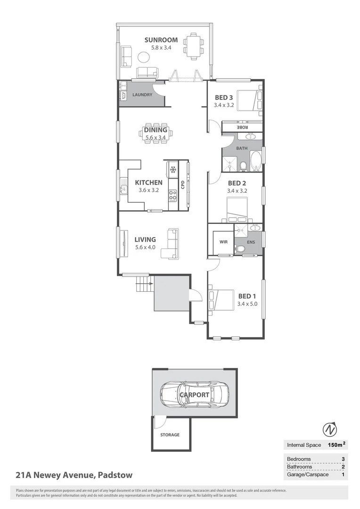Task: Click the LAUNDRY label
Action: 142,95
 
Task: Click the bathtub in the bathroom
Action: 255,162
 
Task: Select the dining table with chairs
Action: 155,134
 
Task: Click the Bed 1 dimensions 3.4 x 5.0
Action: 247,304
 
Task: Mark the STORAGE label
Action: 170,435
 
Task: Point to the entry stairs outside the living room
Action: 143,285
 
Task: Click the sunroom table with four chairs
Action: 193,46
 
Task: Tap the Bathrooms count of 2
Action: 343,467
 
